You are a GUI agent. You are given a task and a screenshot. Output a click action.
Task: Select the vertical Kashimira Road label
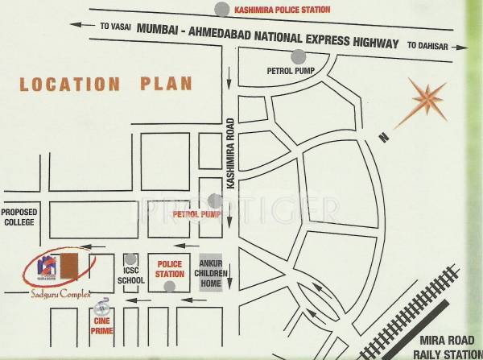coord(231,155)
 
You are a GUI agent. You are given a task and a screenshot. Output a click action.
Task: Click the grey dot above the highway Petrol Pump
coord(299,56)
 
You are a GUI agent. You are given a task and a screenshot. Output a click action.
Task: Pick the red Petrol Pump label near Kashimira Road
coord(188,216)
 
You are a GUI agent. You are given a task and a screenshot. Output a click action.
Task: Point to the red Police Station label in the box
coord(170,269)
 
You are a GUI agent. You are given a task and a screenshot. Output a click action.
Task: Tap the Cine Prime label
coord(101,322)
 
